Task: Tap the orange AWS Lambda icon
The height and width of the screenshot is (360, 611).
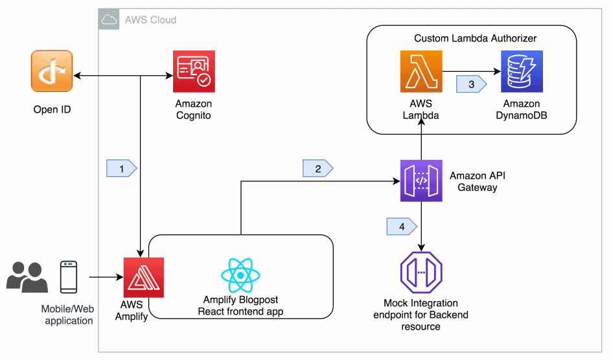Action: [x=421, y=71]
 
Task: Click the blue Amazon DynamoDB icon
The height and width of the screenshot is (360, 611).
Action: [x=521, y=71]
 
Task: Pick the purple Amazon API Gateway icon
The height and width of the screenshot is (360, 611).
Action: [x=421, y=181]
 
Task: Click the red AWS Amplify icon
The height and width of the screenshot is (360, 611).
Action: [x=144, y=277]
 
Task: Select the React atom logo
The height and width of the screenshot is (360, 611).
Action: [x=240, y=275]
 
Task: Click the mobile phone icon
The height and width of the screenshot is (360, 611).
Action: [x=69, y=276]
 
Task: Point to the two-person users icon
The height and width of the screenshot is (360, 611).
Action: [x=27, y=276]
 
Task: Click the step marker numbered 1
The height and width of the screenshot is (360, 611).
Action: [x=121, y=168]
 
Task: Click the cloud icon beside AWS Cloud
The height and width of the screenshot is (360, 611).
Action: [x=109, y=19]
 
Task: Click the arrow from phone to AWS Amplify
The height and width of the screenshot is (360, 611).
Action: [x=105, y=277]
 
